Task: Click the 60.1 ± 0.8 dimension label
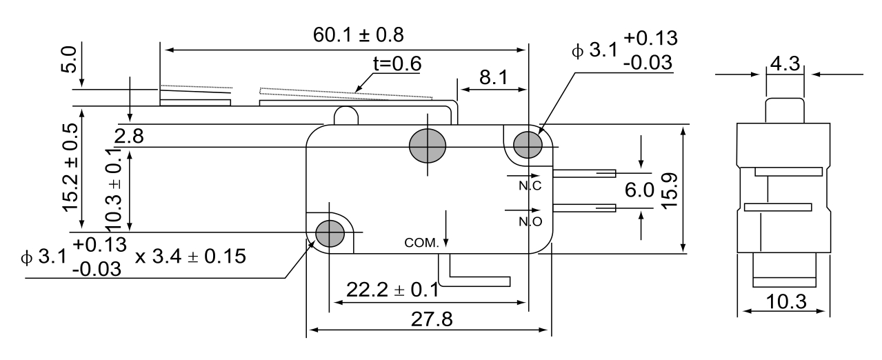click(359, 35)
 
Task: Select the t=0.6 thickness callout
click(397, 63)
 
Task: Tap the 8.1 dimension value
click(494, 78)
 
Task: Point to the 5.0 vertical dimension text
click(68, 59)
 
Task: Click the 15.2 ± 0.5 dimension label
click(70, 167)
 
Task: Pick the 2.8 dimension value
click(129, 137)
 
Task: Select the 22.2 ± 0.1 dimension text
click(392, 290)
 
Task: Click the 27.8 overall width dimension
click(432, 319)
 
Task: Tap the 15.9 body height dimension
click(669, 191)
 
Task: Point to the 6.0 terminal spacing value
click(639, 190)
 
